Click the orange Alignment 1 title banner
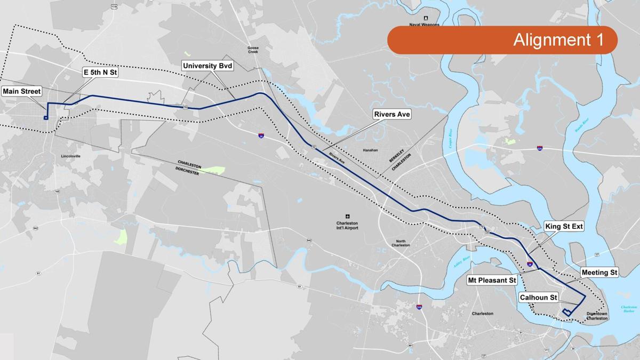[x=502, y=40]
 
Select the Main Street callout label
[x=22, y=91]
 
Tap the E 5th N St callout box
[x=100, y=73]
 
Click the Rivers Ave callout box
[x=392, y=114]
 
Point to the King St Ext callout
[x=564, y=227]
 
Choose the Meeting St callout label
[x=599, y=273]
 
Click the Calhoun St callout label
[x=539, y=297]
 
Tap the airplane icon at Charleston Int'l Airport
[x=348, y=216]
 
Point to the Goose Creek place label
[x=253, y=50]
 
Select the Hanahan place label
[x=370, y=150]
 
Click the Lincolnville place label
[x=71, y=156]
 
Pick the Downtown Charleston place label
[x=597, y=316]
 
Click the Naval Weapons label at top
[x=426, y=25]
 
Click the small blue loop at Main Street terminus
[x=46, y=117]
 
